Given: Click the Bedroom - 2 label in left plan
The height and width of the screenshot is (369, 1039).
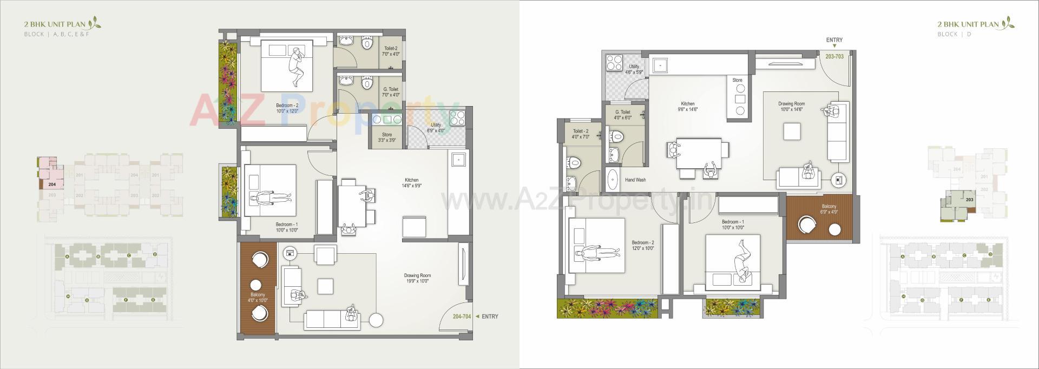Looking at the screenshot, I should coord(287,108).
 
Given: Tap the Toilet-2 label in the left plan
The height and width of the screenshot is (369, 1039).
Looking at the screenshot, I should coord(390,51).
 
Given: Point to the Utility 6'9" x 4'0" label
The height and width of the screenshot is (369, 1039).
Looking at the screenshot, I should coord(436,128).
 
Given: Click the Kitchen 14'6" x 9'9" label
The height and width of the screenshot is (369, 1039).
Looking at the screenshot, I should coord(411,183).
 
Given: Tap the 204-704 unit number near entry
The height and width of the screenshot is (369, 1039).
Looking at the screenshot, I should coord(463,317).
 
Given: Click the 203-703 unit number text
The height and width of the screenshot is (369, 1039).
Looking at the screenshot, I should coord(834,56).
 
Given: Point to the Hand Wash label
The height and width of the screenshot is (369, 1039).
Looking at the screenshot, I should coord(635,180).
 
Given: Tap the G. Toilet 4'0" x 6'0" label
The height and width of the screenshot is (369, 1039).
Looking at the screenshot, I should coord(623,115).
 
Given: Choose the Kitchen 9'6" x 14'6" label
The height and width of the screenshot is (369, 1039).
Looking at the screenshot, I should coord(688,107).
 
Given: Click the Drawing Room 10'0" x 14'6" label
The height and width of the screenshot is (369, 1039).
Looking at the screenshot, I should coord(792,107).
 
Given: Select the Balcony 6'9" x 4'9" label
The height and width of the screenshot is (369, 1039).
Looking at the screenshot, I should coord(828,209).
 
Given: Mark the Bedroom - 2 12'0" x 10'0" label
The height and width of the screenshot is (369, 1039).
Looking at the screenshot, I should coord(643,246).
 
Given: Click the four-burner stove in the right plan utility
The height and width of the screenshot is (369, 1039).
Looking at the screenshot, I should coord(614,63).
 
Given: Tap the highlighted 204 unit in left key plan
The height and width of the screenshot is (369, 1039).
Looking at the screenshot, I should coord(51,184).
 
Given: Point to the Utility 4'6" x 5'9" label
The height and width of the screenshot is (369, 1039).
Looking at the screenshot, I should coord(634,69).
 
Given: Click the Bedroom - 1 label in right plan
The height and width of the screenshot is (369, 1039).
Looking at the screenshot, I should coord(733,225).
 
